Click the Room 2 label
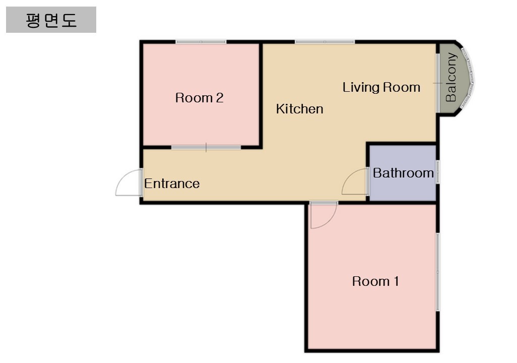point(199,98)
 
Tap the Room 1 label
point(375,281)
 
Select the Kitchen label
point(299,109)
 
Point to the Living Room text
point(381,87)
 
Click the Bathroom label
point(403,173)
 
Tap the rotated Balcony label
point(450,77)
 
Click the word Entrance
point(172,184)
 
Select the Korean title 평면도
point(51,20)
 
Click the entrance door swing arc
point(120,178)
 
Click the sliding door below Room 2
point(206,147)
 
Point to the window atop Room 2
point(201,42)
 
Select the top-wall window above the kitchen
point(325,42)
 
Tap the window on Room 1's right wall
point(438,272)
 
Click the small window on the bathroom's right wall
point(438,172)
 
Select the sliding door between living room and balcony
point(438,83)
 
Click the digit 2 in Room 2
point(220,98)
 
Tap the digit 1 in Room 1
point(397,281)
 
